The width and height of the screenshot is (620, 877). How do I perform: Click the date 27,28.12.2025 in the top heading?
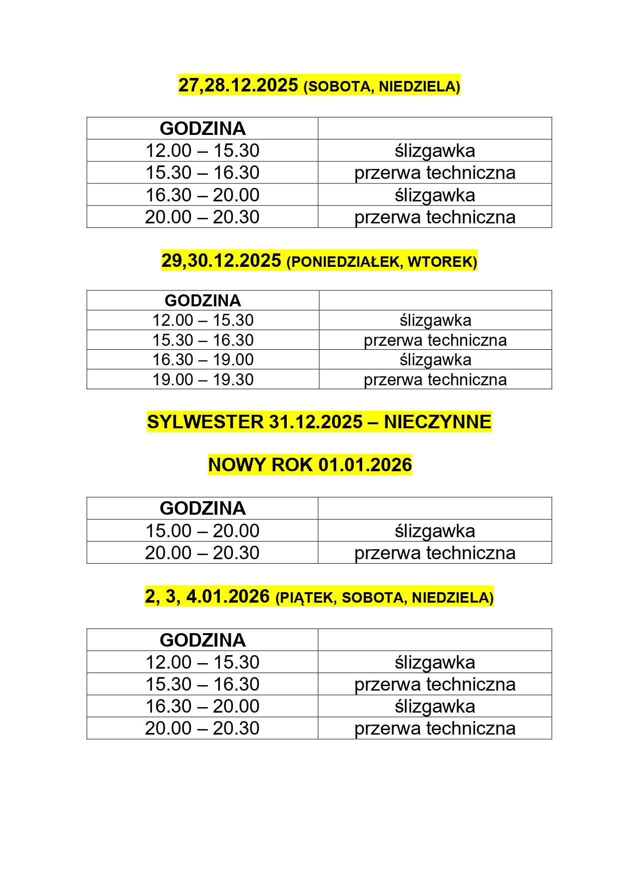coord(238,85)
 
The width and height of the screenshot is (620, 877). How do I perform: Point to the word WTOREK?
coord(442,262)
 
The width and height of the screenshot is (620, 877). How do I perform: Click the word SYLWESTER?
coord(205,422)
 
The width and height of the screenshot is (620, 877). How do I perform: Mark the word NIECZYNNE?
coord(438,422)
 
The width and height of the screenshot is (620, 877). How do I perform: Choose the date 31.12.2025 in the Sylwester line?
coord(316,422)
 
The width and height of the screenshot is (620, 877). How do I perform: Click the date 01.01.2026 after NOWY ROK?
coord(365,465)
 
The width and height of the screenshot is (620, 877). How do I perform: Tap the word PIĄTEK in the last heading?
coord(307,598)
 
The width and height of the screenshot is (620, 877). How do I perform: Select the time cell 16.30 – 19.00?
coord(203,360)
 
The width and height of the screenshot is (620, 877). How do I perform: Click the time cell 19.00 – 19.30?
coord(203,380)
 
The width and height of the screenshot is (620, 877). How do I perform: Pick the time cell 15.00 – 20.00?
coord(202,531)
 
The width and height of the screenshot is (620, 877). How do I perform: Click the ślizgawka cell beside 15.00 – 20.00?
coord(435,531)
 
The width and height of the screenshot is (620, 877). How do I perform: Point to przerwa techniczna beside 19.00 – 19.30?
coord(435,380)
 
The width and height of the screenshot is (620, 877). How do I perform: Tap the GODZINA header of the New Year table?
coord(202,508)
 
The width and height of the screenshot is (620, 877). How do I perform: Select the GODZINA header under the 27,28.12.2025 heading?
coord(202,128)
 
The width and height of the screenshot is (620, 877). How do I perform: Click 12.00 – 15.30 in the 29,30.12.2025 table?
coord(203,320)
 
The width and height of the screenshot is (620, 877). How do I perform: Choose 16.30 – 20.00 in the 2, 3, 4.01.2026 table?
coord(202,706)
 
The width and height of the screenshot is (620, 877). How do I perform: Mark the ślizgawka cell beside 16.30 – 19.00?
coord(435,360)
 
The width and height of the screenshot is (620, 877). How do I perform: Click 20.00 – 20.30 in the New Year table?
coord(202,553)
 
